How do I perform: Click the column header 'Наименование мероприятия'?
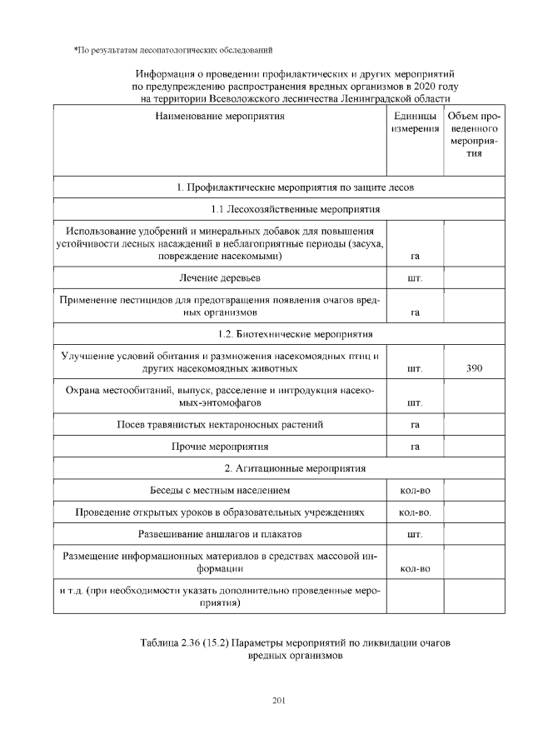[220, 117]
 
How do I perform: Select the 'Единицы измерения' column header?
[416, 123]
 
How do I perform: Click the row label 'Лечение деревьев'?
[220, 277]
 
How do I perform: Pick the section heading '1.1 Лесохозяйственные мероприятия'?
[296, 208]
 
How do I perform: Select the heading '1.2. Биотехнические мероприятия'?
[295, 335]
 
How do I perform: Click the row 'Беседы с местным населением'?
[220, 490]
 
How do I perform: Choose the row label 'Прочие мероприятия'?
[220, 447]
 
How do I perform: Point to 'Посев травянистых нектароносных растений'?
[220, 425]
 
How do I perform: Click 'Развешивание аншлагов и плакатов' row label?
[220, 532]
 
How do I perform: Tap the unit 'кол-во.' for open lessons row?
[415, 512]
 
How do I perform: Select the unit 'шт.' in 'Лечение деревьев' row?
[415, 277]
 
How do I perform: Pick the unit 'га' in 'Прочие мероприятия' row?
[415, 447]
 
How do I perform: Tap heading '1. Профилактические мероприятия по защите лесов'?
[296, 187]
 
